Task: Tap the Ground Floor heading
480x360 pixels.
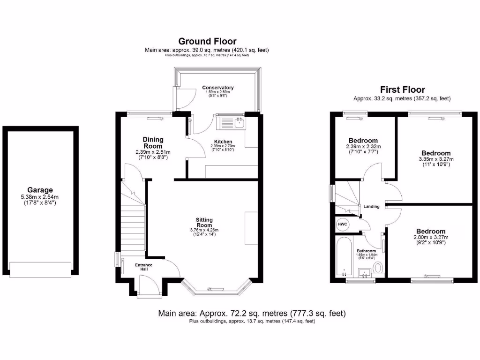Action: click(x=207, y=42)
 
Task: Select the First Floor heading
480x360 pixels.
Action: click(x=402, y=90)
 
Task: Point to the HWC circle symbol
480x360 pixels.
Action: click(x=343, y=225)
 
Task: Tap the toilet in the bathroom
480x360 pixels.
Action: click(x=378, y=268)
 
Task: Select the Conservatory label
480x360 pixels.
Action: click(x=217, y=88)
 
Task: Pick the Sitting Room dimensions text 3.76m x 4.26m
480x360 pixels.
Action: click(x=204, y=230)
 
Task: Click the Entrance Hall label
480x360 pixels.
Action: click(x=144, y=268)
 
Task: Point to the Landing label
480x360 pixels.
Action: click(x=371, y=206)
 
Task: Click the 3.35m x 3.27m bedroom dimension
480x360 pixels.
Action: click(x=436, y=159)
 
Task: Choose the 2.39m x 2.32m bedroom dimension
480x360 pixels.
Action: click(x=363, y=147)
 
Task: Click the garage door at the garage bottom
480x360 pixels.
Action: click(x=40, y=269)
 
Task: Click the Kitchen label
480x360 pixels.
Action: click(x=223, y=142)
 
